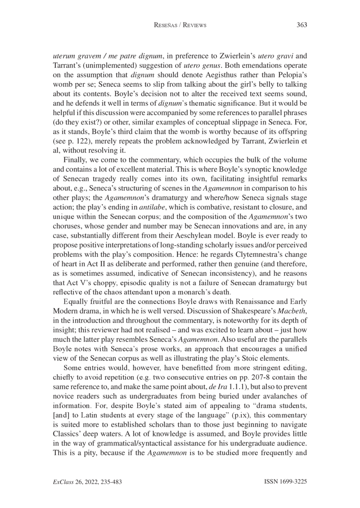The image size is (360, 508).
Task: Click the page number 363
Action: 301,25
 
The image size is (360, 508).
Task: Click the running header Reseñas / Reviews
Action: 180,26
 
